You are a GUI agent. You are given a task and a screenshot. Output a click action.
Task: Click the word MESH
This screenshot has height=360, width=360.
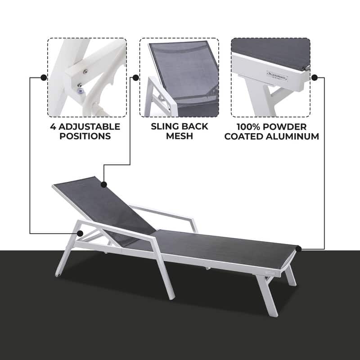point(180,136)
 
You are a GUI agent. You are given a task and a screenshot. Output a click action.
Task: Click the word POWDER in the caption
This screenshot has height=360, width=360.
point(287,126)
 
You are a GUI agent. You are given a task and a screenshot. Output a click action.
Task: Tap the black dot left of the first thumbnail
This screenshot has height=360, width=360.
point(44,77)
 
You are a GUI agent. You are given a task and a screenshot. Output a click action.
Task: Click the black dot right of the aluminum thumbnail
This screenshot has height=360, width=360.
point(315,77)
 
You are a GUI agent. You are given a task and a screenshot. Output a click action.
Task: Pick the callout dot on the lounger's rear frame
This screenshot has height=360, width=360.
point(80,233)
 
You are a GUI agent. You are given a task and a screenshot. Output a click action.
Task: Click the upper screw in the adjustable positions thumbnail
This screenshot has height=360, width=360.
point(85,71)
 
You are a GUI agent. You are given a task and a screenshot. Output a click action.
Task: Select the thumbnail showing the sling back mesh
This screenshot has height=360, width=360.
point(179,77)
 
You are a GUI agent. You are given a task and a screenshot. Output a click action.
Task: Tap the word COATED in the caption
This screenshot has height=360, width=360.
point(247,136)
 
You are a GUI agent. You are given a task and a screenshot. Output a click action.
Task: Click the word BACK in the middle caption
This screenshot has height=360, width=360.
point(193,126)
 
